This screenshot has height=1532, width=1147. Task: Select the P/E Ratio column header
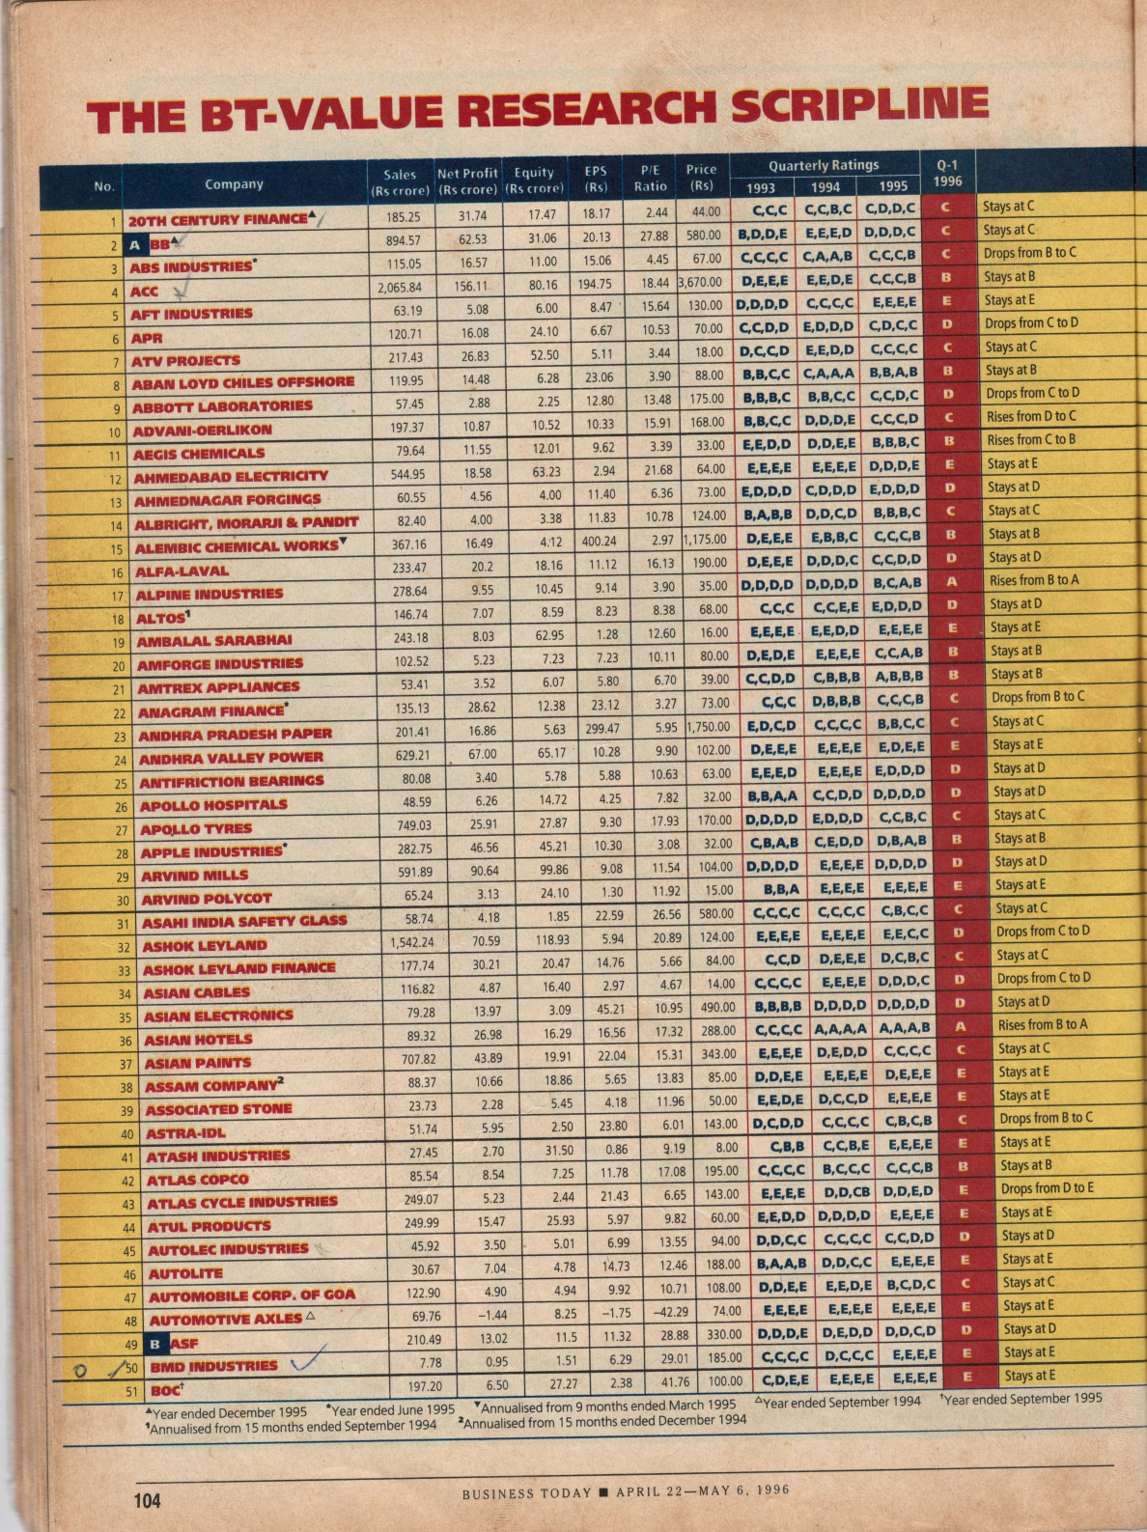(650, 178)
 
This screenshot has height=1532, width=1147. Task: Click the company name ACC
(145, 291)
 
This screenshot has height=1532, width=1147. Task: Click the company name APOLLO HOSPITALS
(213, 805)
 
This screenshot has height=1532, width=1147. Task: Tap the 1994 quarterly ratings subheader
(825, 187)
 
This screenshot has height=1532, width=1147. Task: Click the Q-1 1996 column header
(948, 173)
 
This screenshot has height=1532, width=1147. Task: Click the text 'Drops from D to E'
(1047, 1188)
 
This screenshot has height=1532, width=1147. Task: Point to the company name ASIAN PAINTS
(198, 1063)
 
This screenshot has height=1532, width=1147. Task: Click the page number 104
(148, 1500)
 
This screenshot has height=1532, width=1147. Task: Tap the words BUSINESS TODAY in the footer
(526, 1493)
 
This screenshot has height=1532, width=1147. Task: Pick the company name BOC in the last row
(164, 1391)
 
